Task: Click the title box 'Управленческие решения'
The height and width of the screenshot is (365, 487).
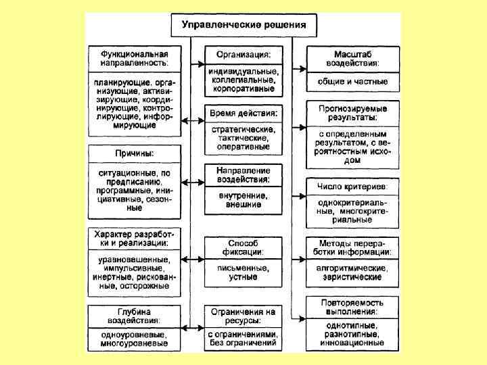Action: click(243, 26)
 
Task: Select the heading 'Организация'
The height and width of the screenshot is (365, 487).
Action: click(243, 53)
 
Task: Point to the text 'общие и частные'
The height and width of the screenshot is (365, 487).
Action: click(352, 82)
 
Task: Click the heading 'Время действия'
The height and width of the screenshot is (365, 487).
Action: click(243, 112)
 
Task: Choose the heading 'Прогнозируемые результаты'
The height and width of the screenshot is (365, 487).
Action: click(352, 112)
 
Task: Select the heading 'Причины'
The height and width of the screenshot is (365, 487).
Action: click(134, 154)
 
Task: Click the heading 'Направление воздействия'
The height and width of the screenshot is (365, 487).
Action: click(243, 174)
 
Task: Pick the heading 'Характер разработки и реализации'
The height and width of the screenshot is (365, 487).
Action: click(133, 237)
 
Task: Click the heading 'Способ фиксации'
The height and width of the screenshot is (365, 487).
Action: click(243, 247)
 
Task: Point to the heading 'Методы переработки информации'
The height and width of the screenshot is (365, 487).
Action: click(352, 247)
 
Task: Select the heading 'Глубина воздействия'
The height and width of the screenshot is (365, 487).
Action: click(133, 316)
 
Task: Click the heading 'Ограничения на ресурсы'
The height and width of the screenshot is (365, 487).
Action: click(243, 316)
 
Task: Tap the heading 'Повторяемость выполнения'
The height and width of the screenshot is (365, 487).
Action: click(352, 307)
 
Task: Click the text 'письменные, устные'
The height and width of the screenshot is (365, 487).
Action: click(243, 272)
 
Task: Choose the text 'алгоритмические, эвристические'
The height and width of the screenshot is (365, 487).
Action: click(352, 272)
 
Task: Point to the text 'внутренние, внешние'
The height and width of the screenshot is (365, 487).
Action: click(243, 199)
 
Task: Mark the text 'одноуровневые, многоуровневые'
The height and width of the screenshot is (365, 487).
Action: click(134, 339)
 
